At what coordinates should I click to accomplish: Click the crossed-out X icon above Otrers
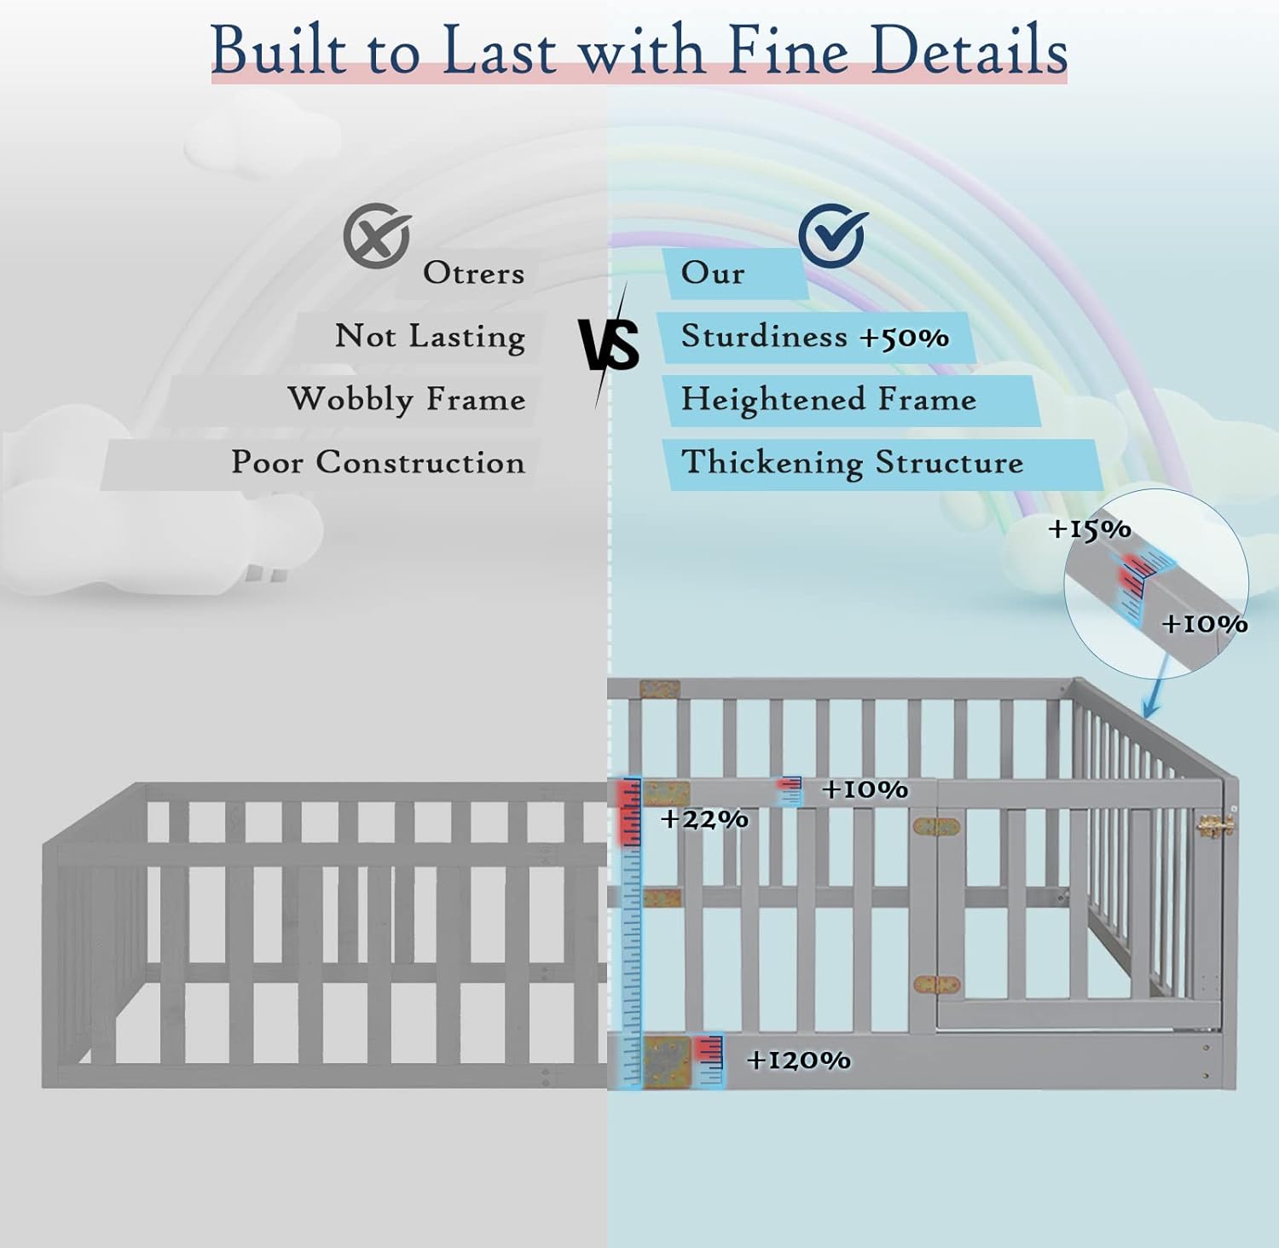pyautogui.click(x=377, y=235)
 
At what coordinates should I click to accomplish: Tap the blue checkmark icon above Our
pyautogui.click(x=833, y=235)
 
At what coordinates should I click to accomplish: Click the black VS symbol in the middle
pyautogui.click(x=609, y=345)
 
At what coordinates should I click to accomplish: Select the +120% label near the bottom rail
pyautogui.click(x=798, y=1060)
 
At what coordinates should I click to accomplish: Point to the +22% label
pyautogui.click(x=704, y=819)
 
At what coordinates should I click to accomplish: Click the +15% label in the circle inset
pyautogui.click(x=1089, y=529)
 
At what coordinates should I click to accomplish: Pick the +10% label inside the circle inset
pyautogui.click(x=1204, y=624)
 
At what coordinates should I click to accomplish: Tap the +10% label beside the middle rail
pyautogui.click(x=864, y=789)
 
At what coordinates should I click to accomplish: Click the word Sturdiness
pyautogui.click(x=763, y=336)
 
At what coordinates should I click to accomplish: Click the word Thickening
pyautogui.click(x=772, y=463)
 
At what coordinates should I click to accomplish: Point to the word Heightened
pyautogui.click(x=773, y=400)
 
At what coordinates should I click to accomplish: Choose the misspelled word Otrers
pyautogui.click(x=473, y=273)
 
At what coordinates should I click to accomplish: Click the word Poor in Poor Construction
pyautogui.click(x=267, y=462)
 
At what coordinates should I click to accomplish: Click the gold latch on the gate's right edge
pyautogui.click(x=1216, y=825)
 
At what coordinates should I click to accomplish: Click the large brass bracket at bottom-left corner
pyautogui.click(x=666, y=1060)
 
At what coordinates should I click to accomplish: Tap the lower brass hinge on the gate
pyautogui.click(x=936, y=985)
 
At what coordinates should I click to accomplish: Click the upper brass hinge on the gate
pyautogui.click(x=936, y=825)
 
